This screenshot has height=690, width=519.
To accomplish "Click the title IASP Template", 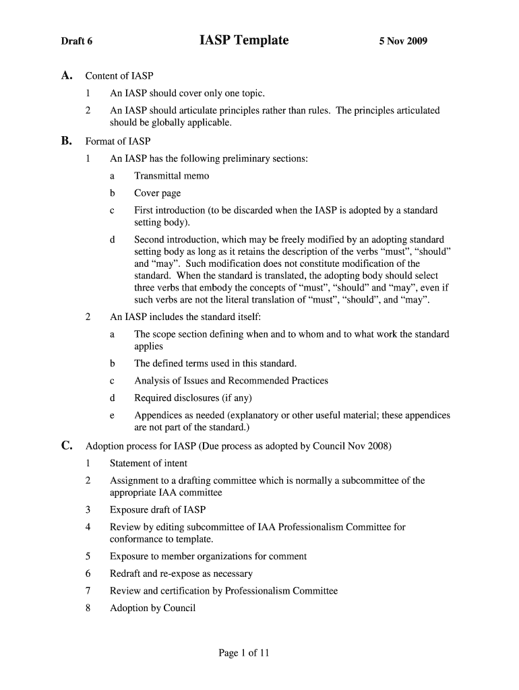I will (244, 40).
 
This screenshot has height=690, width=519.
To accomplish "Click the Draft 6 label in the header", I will (77, 42).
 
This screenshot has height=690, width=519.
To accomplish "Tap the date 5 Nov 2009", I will (403, 42).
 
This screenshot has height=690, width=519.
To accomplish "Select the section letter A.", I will (66, 75).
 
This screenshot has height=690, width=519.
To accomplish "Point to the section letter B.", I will (66, 141).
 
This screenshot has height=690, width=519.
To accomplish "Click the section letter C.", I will (66, 445).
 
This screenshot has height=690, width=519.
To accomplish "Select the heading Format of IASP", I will (118, 142).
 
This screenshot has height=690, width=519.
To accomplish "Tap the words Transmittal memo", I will (172, 177).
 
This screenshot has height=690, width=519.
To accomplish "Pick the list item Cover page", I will (158, 193).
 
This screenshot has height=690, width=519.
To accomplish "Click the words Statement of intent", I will (148, 464).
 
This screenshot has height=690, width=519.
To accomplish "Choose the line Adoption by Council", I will (152, 608).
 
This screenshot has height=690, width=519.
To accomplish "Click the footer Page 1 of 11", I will (244, 653).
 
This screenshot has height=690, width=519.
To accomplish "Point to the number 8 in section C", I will (88, 608).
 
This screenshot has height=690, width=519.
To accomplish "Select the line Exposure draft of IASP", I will (158, 510).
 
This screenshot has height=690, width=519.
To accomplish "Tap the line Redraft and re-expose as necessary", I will (181, 574).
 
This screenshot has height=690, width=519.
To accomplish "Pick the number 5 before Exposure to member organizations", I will (88, 557).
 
